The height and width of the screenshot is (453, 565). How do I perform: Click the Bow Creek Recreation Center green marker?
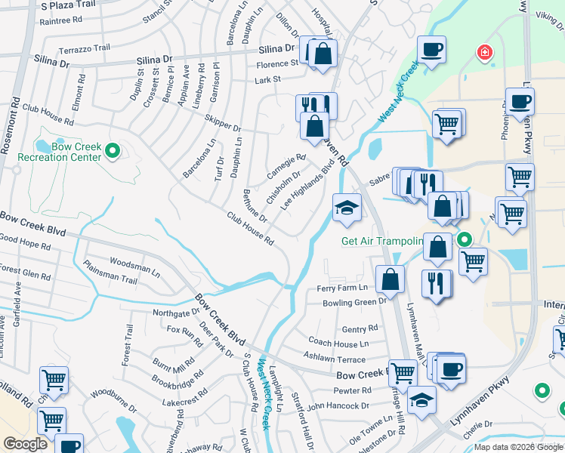pyautogui.click(x=113, y=152)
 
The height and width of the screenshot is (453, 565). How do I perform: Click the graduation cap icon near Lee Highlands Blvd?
pyautogui.click(x=347, y=208)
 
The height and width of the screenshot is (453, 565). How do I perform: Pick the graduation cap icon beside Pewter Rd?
pyautogui.click(x=422, y=399)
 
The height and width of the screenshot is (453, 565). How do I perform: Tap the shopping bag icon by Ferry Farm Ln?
pyautogui.click(x=390, y=279)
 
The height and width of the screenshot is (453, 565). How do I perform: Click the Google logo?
pyautogui.click(x=25, y=444)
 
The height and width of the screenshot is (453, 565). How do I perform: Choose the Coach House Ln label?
pyautogui.click(x=334, y=342)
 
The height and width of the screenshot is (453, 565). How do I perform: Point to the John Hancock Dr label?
pyautogui.click(x=338, y=405)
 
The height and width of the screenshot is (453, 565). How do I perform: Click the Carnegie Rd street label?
pyautogui.click(x=286, y=167)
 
